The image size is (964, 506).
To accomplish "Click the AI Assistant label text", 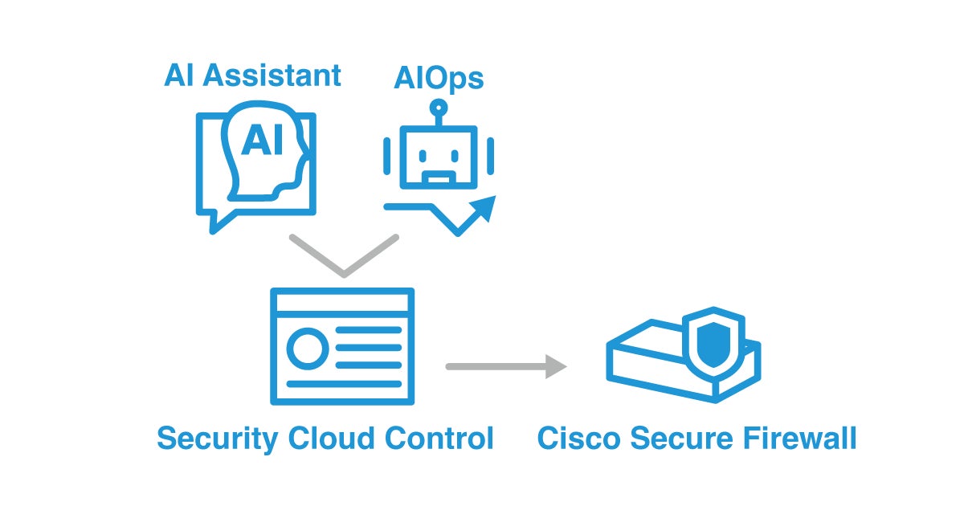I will click(252, 75).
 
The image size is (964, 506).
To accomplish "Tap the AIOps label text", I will click(439, 79).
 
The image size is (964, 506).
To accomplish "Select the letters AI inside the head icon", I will click(262, 141).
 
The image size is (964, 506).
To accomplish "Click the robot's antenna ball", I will click(438, 108).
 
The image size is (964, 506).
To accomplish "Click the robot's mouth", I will click(439, 177).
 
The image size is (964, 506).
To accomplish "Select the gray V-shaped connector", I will click(344, 257).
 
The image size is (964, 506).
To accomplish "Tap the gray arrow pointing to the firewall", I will click(506, 366).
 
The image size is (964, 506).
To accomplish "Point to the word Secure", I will click(690, 439).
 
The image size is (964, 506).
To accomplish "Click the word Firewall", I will click(806, 439).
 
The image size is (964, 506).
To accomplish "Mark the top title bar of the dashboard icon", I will click(342, 302).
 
